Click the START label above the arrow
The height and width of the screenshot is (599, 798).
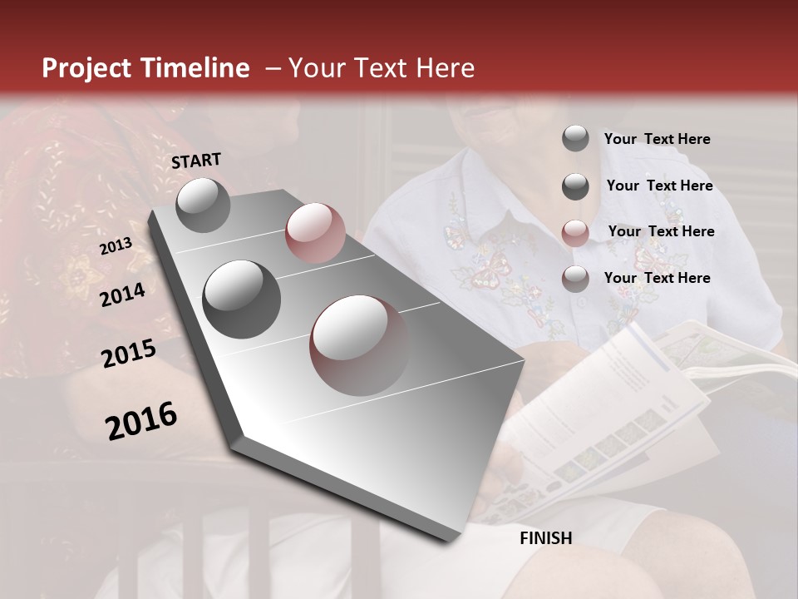pos(196,161)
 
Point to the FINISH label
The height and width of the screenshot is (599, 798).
pos(545,538)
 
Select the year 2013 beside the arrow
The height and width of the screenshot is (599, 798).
pos(116,246)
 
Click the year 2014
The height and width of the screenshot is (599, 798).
pos(122,295)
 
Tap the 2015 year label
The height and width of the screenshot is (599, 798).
pos(128,354)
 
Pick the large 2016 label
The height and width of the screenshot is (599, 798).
pos(141,421)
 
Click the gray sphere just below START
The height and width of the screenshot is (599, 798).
pos(203,205)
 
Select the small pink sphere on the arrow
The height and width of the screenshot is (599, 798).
pos(315,232)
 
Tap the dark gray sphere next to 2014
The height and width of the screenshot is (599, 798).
pos(241,299)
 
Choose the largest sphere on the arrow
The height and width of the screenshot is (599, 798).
pos(359,344)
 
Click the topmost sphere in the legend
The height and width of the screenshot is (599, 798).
pos(575,138)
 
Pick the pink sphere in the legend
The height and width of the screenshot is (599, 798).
pos(575,232)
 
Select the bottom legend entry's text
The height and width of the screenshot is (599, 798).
pos(657,278)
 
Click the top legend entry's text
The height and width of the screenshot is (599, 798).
pos(657,139)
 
